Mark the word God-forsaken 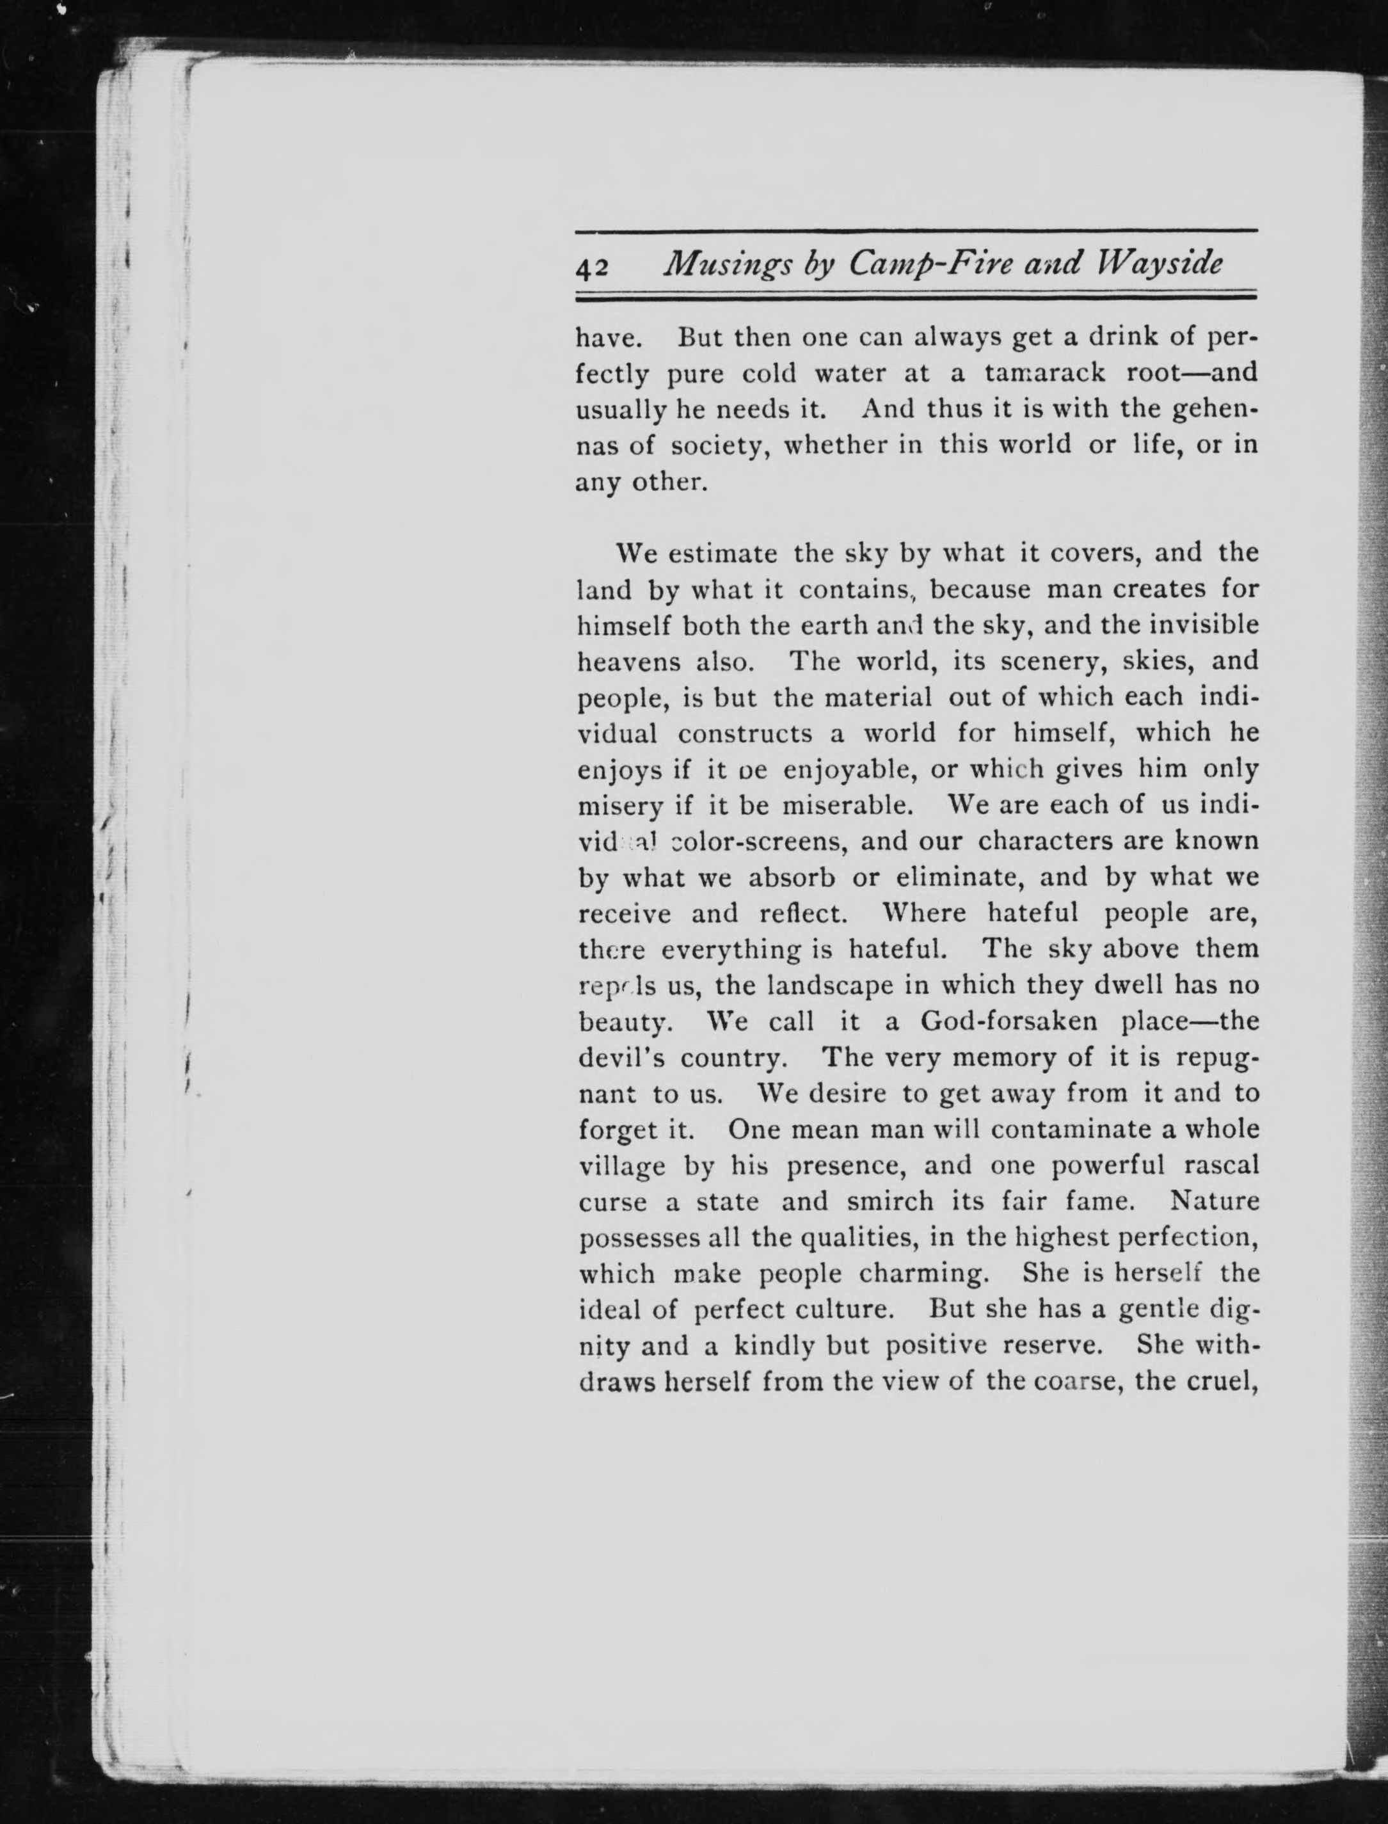1008,1022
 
